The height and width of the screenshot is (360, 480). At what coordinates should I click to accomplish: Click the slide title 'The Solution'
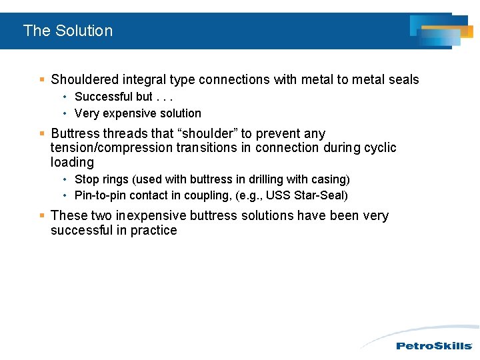(68, 31)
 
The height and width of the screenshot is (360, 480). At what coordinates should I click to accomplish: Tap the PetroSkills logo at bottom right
(434, 345)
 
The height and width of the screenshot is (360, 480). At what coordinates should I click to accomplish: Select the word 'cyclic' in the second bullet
(380, 148)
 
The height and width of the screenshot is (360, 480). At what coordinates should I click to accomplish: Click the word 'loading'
(72, 163)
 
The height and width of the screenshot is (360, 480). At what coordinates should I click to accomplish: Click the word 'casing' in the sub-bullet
(331, 179)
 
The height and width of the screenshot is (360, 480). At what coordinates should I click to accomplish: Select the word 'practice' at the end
(155, 231)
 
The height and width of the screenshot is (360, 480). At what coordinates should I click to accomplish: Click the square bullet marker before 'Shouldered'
(42, 80)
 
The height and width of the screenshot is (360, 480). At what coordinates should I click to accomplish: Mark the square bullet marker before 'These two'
(42, 216)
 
